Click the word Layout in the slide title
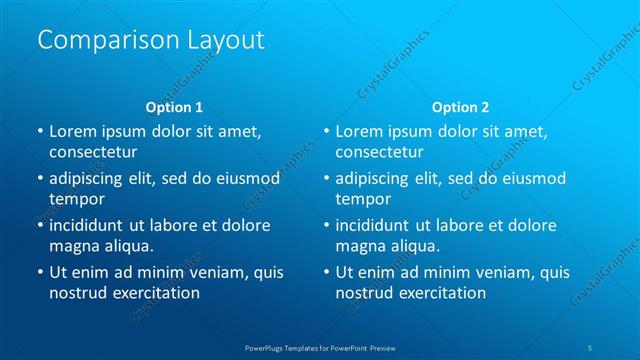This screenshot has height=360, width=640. (225, 40)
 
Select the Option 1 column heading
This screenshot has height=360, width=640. (174, 106)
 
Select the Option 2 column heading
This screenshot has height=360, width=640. (460, 106)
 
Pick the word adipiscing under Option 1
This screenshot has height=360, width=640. (91, 178)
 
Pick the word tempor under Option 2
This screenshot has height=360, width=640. (362, 199)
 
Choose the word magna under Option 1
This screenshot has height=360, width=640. (73, 246)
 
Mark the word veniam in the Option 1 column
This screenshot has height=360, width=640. (211, 272)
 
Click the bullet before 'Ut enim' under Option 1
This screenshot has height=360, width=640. (40, 272)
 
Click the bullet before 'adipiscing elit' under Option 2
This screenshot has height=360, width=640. (327, 178)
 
